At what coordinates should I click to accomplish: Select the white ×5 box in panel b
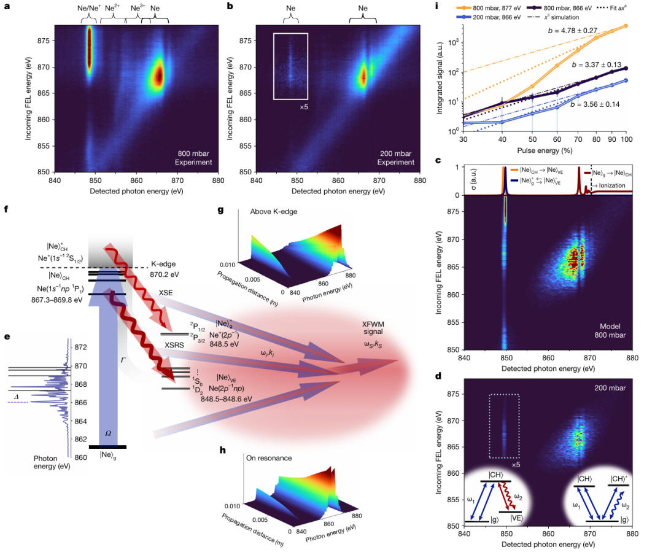point(290,66)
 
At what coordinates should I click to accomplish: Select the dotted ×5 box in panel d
point(505,425)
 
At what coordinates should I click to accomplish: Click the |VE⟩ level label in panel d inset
point(515,518)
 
